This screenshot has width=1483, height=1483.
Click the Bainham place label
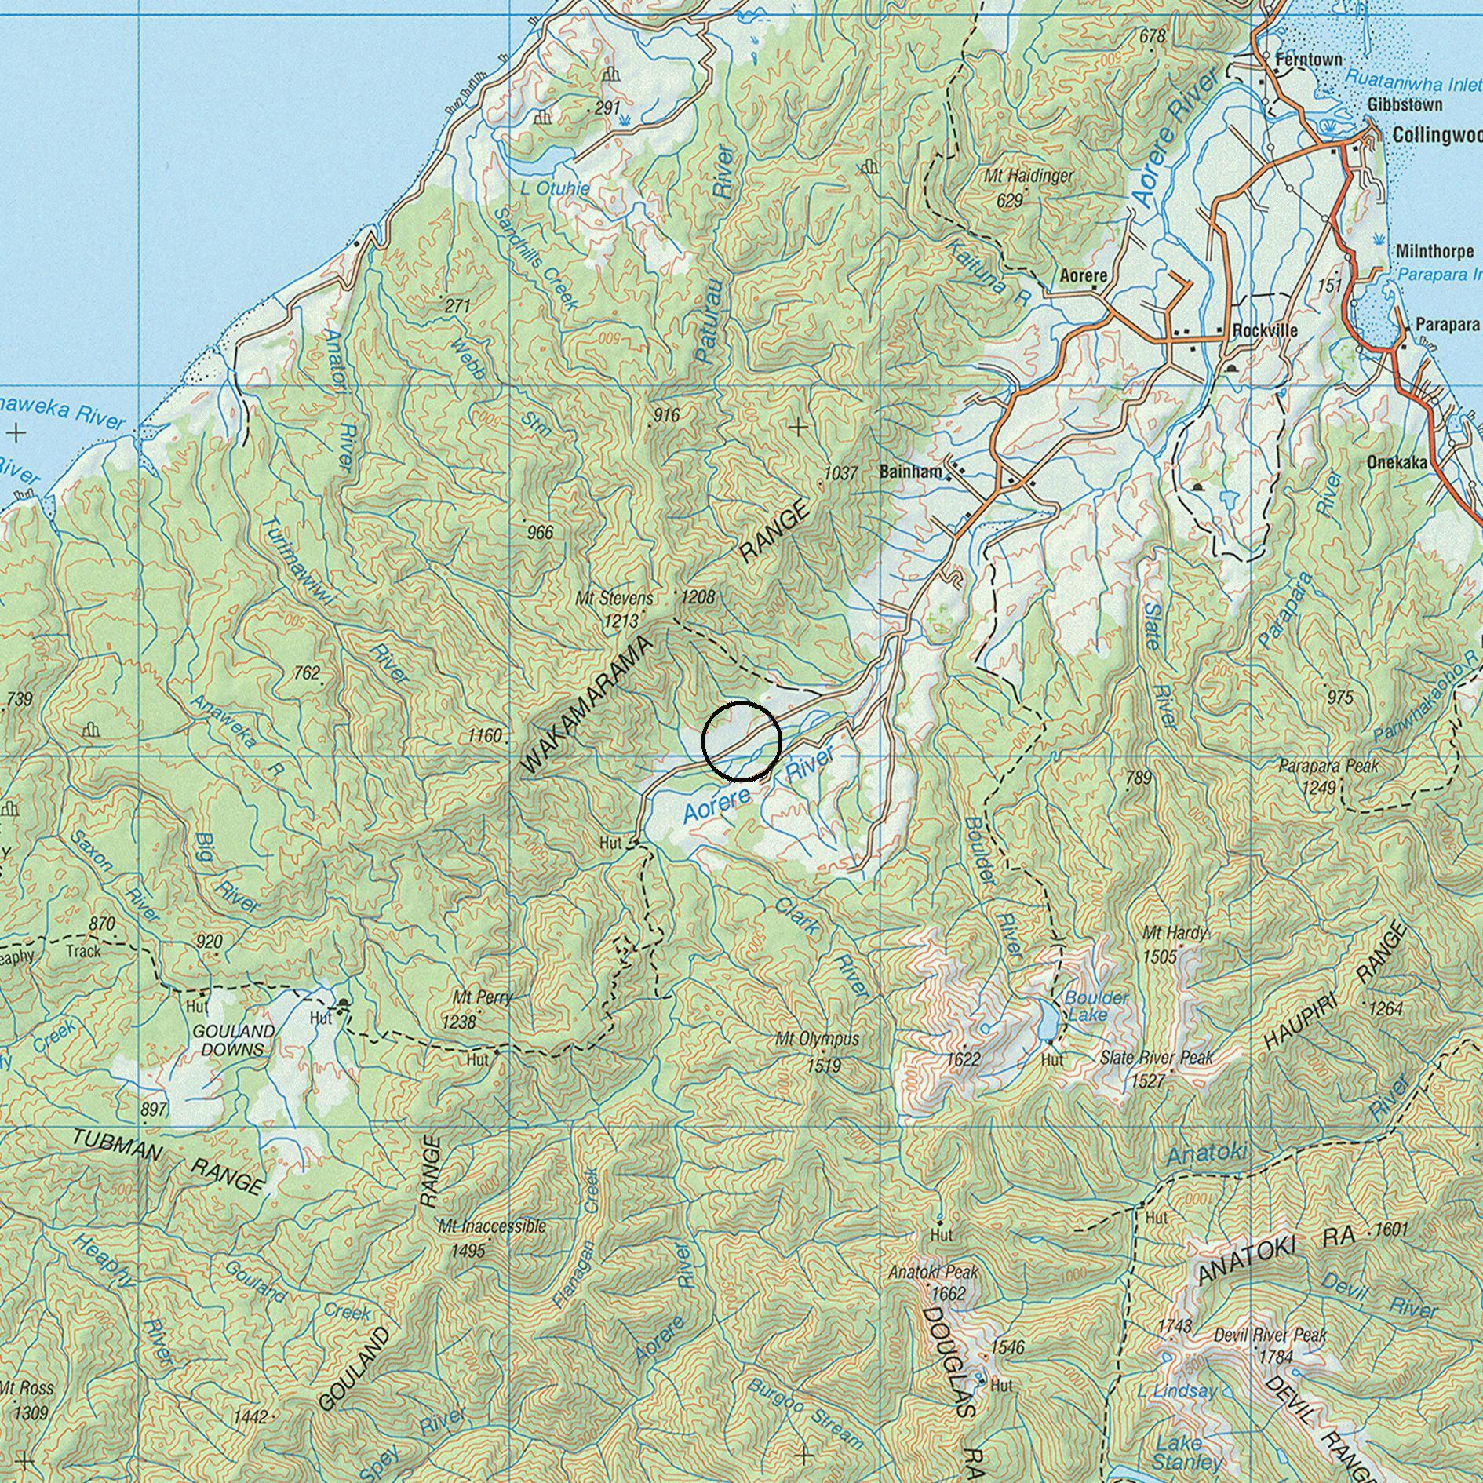[x=910, y=472]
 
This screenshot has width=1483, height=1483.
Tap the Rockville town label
[x=1264, y=330]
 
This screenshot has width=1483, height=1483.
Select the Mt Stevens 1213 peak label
[x=614, y=609]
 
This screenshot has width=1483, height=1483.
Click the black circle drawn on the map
[x=741, y=741]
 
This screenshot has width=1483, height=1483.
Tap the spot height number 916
[x=665, y=415]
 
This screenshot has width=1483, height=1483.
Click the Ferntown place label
[x=1308, y=60]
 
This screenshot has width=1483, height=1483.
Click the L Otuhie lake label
[x=555, y=188]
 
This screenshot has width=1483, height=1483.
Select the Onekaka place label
[x=1397, y=463]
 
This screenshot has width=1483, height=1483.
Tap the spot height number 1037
[x=841, y=473]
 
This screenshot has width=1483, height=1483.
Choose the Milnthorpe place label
[x=1434, y=252]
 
